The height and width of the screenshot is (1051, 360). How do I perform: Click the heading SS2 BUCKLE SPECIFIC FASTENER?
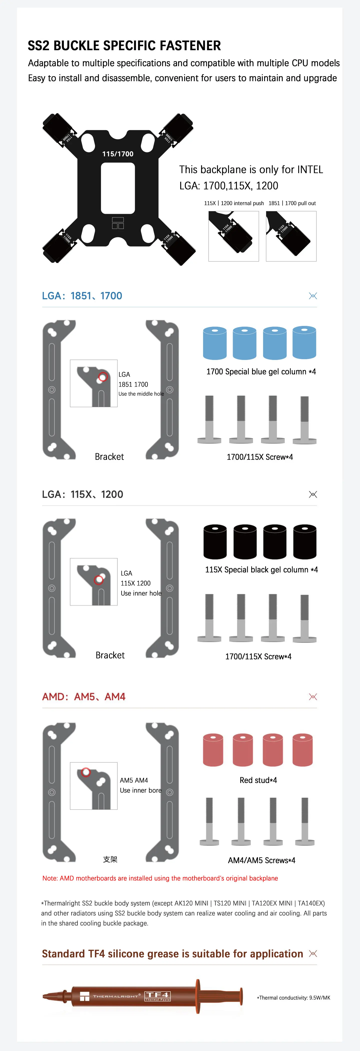pos(124,46)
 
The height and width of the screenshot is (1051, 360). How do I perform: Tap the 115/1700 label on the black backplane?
pos(117,154)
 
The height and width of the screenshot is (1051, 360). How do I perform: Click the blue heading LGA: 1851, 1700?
pos(82,296)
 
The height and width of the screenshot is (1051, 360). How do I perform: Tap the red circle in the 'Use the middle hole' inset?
pos(102,377)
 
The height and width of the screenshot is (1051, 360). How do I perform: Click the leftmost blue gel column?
pos(215,343)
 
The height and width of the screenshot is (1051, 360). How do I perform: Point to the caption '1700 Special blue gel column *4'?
pos(261,372)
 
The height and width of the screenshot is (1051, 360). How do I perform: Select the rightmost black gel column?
pos(304,541)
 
